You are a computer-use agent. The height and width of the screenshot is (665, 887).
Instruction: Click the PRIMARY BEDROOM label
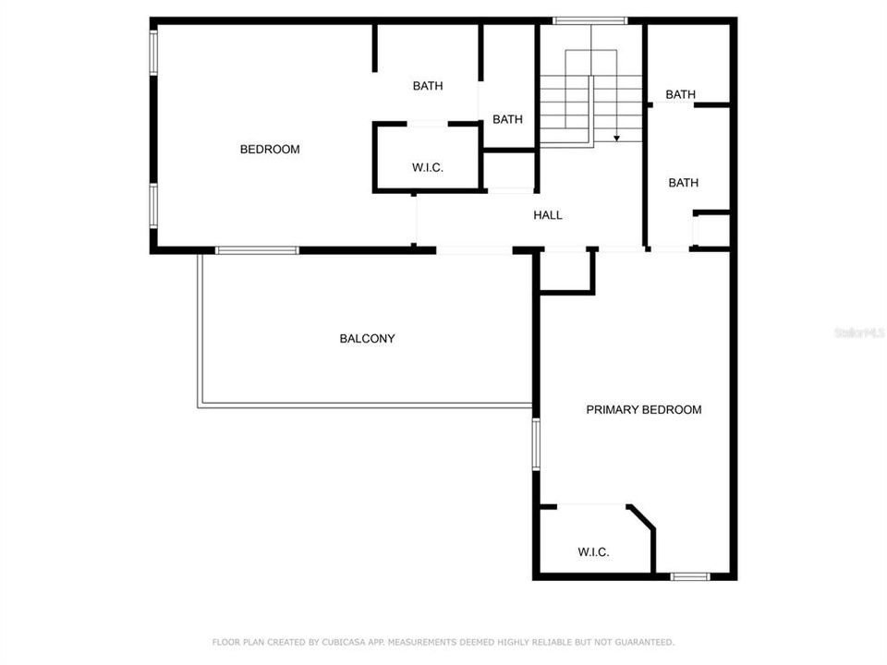point(644,409)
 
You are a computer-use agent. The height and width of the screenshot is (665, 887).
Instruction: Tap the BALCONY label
point(367,339)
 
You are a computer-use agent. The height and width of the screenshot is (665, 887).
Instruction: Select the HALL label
point(548,215)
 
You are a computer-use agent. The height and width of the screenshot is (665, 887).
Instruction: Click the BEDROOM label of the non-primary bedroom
point(270,149)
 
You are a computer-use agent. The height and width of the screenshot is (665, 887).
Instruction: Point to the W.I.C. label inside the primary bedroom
point(593,552)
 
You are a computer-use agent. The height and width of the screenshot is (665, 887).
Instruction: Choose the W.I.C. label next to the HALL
point(428,167)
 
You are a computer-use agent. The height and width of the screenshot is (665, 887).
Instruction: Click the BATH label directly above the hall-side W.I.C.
point(428,86)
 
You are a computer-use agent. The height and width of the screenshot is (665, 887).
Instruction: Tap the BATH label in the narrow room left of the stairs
point(507,119)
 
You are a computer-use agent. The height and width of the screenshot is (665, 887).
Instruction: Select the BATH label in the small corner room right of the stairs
point(681,94)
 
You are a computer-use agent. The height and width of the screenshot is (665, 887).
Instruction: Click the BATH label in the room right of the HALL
point(684,183)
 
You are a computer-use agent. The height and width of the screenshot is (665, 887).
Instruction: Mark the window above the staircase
point(589,20)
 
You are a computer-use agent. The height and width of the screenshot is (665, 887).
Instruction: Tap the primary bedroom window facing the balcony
point(535,444)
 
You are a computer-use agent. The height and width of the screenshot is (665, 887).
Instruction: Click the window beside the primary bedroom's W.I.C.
point(689,576)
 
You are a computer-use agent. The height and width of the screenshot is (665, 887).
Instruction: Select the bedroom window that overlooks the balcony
point(257,250)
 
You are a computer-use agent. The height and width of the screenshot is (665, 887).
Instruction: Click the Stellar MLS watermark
point(858,331)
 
